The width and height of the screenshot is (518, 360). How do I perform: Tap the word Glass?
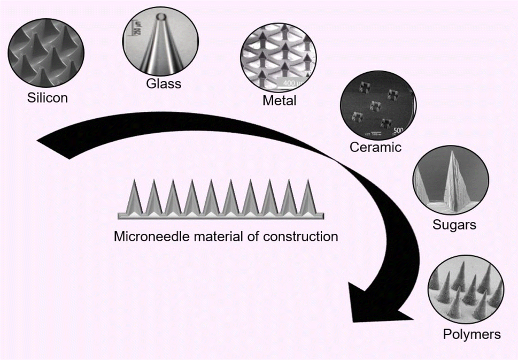[x=163, y=83]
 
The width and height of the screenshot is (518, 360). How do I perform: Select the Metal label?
[x=279, y=101]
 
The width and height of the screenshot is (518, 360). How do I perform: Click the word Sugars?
[x=454, y=224]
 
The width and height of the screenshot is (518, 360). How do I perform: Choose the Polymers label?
[x=472, y=334]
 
